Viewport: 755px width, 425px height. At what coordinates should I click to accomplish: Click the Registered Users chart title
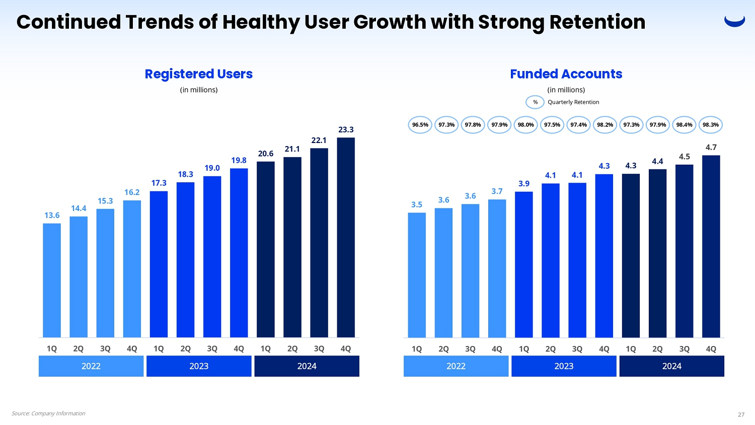pyautogui.click(x=198, y=74)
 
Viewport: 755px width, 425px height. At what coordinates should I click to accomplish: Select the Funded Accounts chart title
pyautogui.click(x=566, y=74)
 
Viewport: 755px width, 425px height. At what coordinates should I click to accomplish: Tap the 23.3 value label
pyautogui.click(x=346, y=130)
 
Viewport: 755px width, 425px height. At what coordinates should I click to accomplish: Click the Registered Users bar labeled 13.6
pyautogui.click(x=52, y=280)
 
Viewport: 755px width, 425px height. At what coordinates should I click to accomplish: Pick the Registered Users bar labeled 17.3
pyautogui.click(x=159, y=264)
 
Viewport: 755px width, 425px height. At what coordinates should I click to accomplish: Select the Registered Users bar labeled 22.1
pyautogui.click(x=319, y=242)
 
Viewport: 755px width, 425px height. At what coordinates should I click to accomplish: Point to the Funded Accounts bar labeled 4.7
pyautogui.click(x=711, y=246)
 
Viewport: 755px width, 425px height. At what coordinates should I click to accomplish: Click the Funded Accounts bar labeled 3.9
pyautogui.click(x=523, y=264)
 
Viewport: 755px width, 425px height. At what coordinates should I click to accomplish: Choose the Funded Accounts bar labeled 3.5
pyautogui.click(x=417, y=275)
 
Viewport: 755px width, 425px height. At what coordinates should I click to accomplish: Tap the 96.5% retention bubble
pyautogui.click(x=420, y=125)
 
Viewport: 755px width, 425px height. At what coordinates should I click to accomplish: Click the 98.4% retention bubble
pyautogui.click(x=684, y=125)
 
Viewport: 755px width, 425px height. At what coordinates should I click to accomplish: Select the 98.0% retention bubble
pyautogui.click(x=525, y=125)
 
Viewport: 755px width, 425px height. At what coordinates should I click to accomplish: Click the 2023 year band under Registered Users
pyautogui.click(x=199, y=366)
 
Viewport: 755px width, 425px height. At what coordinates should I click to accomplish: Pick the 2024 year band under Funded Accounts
pyautogui.click(x=671, y=366)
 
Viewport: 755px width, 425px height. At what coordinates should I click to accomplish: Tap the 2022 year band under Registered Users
pyautogui.click(x=91, y=366)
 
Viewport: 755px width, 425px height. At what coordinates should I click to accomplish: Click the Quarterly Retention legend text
pyautogui.click(x=573, y=102)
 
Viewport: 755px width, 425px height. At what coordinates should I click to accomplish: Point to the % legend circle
pyautogui.click(x=535, y=102)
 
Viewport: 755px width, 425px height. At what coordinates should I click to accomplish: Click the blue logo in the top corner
pyautogui.click(x=734, y=21)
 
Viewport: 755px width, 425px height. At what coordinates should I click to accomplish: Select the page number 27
pyautogui.click(x=741, y=415)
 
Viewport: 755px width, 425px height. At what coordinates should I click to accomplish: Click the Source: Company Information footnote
pyautogui.click(x=48, y=413)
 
